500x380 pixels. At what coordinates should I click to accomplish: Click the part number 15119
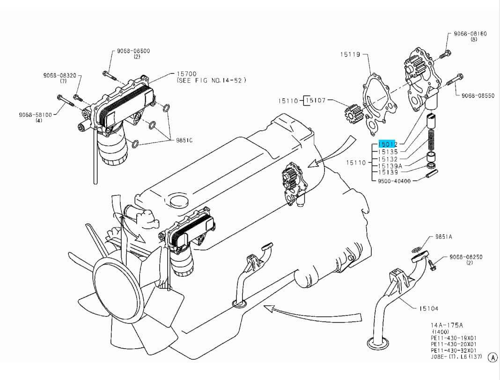pyautogui.click(x=350, y=55)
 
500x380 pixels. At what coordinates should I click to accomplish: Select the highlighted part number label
pyautogui.click(x=388, y=145)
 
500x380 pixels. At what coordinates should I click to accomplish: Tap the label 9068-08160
pyautogui.click(x=471, y=34)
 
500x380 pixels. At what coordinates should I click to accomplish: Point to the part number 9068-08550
pyautogui.click(x=478, y=95)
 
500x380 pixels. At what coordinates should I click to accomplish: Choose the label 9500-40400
pyautogui.click(x=394, y=180)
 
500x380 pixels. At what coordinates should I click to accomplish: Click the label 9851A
pyautogui.click(x=443, y=237)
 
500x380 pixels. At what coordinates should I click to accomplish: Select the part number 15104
pyautogui.click(x=428, y=308)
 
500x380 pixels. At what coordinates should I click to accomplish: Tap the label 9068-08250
pyautogui.click(x=466, y=257)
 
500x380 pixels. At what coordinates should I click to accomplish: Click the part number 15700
pyautogui.click(x=186, y=74)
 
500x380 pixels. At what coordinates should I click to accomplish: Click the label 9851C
pyautogui.click(x=184, y=140)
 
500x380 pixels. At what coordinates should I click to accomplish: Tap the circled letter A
pyautogui.click(x=493, y=358)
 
